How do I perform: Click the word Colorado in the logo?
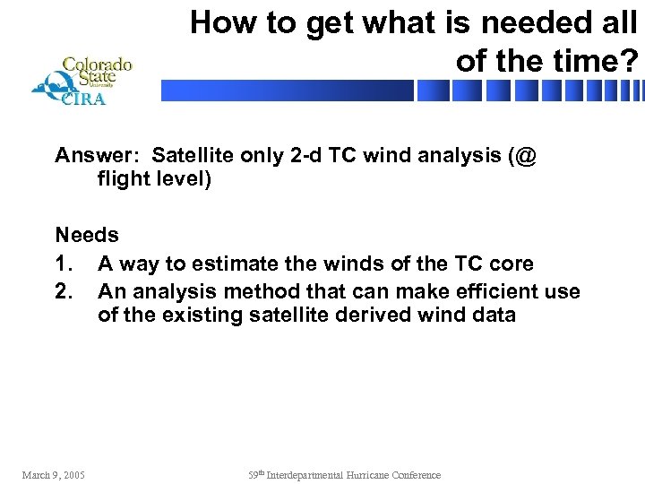97,65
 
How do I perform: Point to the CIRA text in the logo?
82,99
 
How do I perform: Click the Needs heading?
87,235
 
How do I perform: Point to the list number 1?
63,264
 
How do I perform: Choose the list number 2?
63,291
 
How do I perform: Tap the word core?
512,264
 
